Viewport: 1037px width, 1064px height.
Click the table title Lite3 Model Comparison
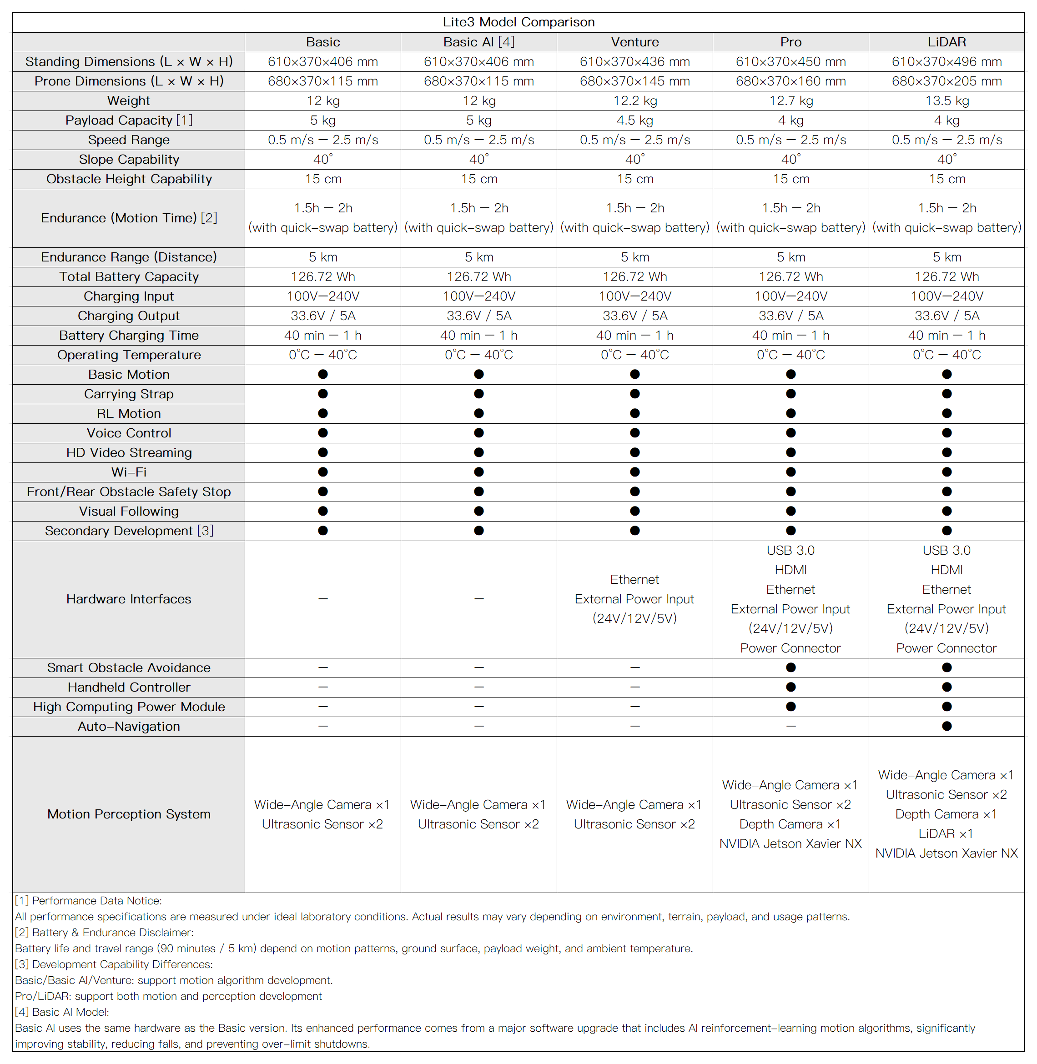(518, 22)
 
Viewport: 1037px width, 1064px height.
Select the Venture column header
(634, 42)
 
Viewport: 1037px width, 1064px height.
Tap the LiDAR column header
(946, 42)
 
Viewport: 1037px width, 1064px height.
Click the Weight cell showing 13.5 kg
(946, 101)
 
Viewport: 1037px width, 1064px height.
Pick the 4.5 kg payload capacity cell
(634, 120)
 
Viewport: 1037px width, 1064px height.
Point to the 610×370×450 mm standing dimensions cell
(790, 61)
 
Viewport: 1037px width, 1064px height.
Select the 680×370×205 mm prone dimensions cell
(946, 81)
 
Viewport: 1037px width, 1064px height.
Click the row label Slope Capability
(129, 160)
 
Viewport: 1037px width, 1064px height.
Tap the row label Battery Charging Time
(129, 336)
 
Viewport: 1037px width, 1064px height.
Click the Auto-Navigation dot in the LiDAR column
(946, 726)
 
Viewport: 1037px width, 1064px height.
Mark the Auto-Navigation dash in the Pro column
(791, 726)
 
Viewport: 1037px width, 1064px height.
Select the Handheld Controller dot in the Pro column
(791, 687)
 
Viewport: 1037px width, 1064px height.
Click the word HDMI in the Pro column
(790, 570)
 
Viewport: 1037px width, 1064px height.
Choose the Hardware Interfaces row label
(129, 599)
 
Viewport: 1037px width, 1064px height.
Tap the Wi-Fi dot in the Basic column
(323, 472)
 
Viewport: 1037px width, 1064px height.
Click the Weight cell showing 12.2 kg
(634, 101)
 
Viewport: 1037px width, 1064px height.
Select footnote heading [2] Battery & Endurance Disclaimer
(104, 933)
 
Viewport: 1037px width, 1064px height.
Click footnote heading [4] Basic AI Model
(62, 1012)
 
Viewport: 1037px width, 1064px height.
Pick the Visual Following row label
(129, 511)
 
